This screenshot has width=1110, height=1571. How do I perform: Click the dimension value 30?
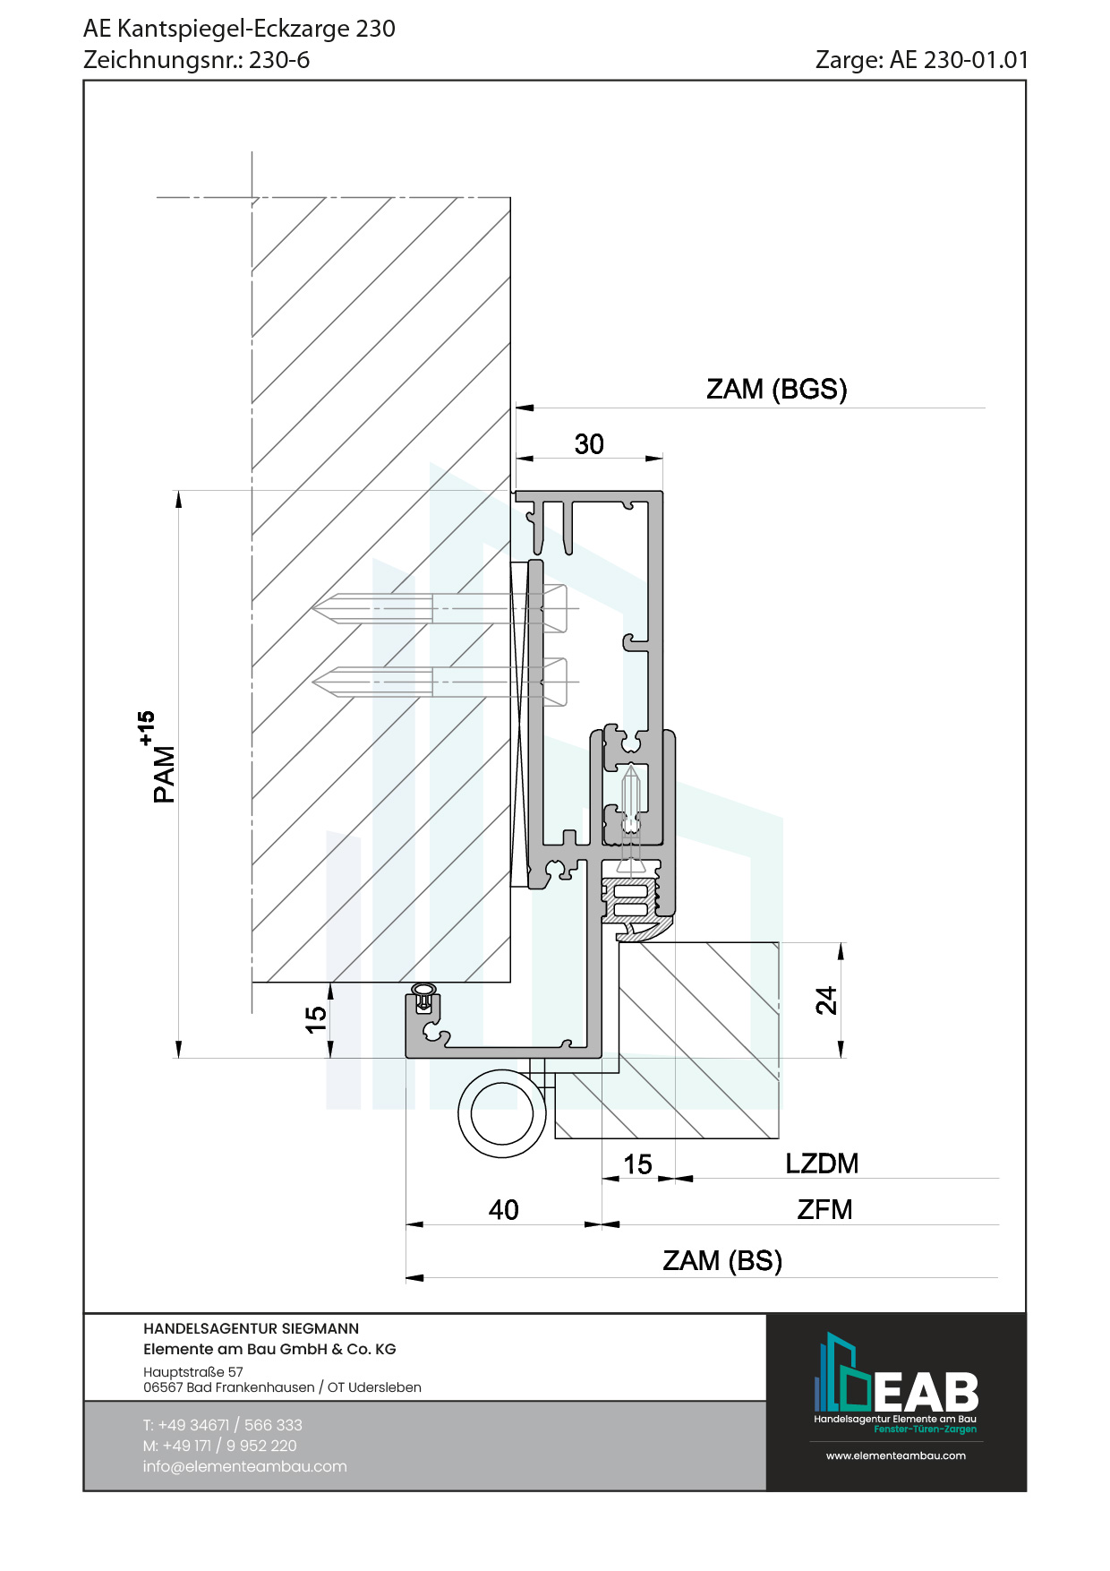pos(589,444)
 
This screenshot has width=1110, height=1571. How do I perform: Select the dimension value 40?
pos(503,1210)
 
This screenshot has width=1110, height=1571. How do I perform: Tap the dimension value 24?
pos(826,1000)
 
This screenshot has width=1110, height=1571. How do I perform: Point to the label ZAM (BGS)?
pos(776,389)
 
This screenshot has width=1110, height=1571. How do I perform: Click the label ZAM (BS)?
pos(722,1260)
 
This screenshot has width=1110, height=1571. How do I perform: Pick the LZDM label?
pos(822,1163)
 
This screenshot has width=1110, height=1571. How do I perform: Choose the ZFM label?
pos(824,1209)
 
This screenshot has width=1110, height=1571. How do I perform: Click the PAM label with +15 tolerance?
pos(158,758)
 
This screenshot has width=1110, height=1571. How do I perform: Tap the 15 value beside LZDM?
pos(637,1164)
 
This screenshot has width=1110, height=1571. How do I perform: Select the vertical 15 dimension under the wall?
pos(316,1019)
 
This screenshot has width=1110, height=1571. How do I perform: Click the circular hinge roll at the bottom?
pos(502,1113)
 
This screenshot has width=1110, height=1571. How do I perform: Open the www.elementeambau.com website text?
pos(895,1455)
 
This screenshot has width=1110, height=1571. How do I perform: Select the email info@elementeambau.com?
pos(244,1466)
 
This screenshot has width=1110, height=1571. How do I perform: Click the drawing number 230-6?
pos(279,60)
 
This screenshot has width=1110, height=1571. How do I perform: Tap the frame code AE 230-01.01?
pos(959,60)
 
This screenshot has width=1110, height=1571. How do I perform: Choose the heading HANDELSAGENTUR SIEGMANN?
pos(251,1328)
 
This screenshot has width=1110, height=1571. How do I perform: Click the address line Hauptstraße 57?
pos(192,1371)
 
